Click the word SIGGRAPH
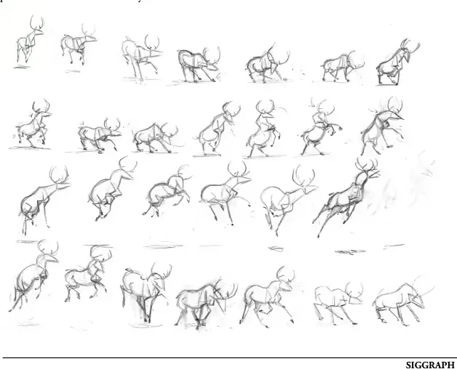coord(430,365)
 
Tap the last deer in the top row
coord(397,62)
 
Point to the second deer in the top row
coord(79,44)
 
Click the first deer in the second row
coord(33,123)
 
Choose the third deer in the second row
coord(155,137)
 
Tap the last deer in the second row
coord(382,126)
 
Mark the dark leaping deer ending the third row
coord(346,197)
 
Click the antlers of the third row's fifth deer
coord(303,176)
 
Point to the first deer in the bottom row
coord(33,275)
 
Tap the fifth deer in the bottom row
coord(267,296)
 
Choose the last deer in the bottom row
coord(403,301)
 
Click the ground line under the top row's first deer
coord(22,68)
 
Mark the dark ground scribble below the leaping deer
coord(350,252)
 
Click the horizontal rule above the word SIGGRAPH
coord(228,357)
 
